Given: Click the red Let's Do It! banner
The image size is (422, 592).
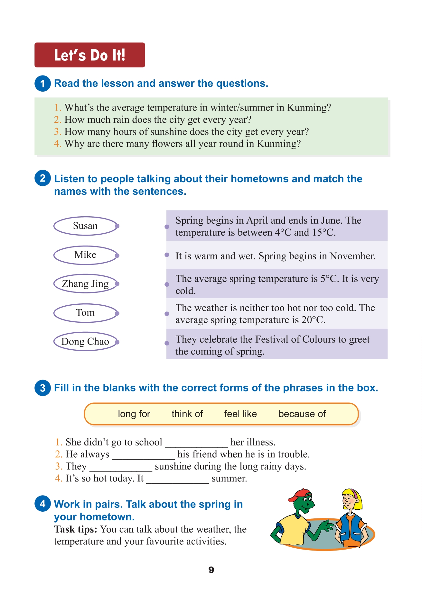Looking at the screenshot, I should click(89, 55).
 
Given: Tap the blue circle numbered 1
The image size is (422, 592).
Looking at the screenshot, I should click(42, 84).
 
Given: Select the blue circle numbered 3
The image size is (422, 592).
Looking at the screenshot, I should click(42, 388).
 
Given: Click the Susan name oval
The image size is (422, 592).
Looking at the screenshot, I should click(85, 226).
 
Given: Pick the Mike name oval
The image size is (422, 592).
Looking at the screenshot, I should click(85, 255).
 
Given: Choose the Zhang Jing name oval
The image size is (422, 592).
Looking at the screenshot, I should click(85, 284).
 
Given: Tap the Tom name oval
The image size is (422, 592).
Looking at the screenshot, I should click(85, 313).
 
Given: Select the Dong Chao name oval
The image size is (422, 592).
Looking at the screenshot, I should click(85, 341).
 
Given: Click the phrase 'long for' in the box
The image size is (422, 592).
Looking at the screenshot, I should click(134, 414).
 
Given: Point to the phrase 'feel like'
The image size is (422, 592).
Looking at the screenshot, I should click(240, 414).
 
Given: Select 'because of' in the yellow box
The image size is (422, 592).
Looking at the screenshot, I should click(302, 414).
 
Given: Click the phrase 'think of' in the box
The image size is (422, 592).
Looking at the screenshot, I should click(187, 414).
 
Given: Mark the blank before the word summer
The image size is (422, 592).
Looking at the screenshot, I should click(177, 480).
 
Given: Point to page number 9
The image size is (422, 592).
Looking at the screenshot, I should click(211, 570).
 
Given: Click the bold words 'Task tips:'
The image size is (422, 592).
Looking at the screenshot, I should click(75, 529).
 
